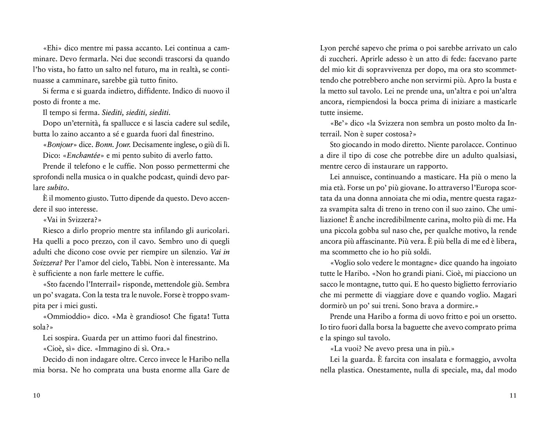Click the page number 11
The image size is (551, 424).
(513, 395)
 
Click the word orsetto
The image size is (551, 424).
(505, 316)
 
